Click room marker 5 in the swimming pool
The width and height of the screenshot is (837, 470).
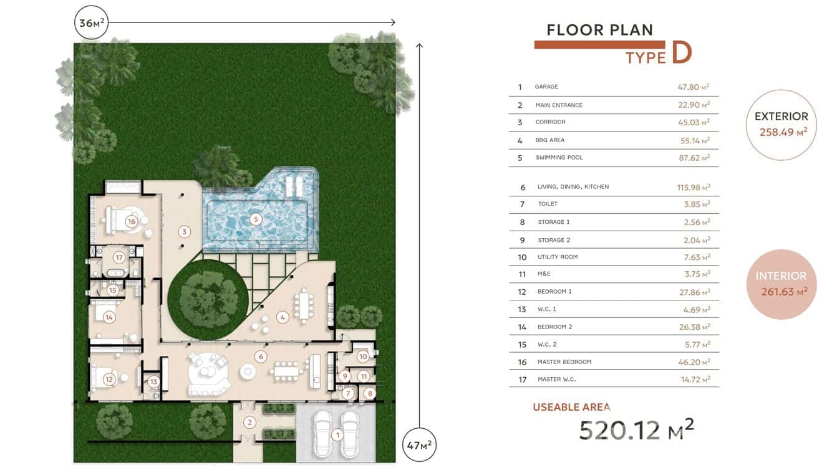[x=256, y=219]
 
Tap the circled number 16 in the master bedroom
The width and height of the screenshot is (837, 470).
[x=131, y=222]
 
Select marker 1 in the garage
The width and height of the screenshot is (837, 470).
[x=337, y=435]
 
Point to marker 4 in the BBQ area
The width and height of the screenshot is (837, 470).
[x=283, y=317]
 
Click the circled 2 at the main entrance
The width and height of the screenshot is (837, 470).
[x=249, y=423]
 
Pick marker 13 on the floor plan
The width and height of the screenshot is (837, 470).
[x=153, y=381]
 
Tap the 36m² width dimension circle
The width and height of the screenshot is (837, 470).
[x=92, y=22]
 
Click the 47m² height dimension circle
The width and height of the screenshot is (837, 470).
[x=419, y=445]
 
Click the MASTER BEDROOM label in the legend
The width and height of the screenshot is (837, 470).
[x=564, y=362]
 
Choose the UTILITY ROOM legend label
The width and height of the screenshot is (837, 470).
[x=558, y=257]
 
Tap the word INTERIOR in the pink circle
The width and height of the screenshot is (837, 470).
[x=781, y=276]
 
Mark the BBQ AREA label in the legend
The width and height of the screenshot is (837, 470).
[x=549, y=140]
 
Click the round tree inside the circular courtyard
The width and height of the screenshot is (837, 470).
[x=208, y=299]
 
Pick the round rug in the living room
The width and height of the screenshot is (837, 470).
[x=208, y=372]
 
